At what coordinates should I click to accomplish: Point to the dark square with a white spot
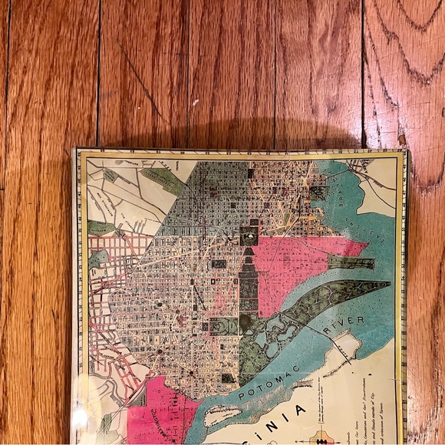pos(249,239)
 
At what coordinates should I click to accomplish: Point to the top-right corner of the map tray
pos(405,151)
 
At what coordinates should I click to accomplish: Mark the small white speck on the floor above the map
pos(195,101)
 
